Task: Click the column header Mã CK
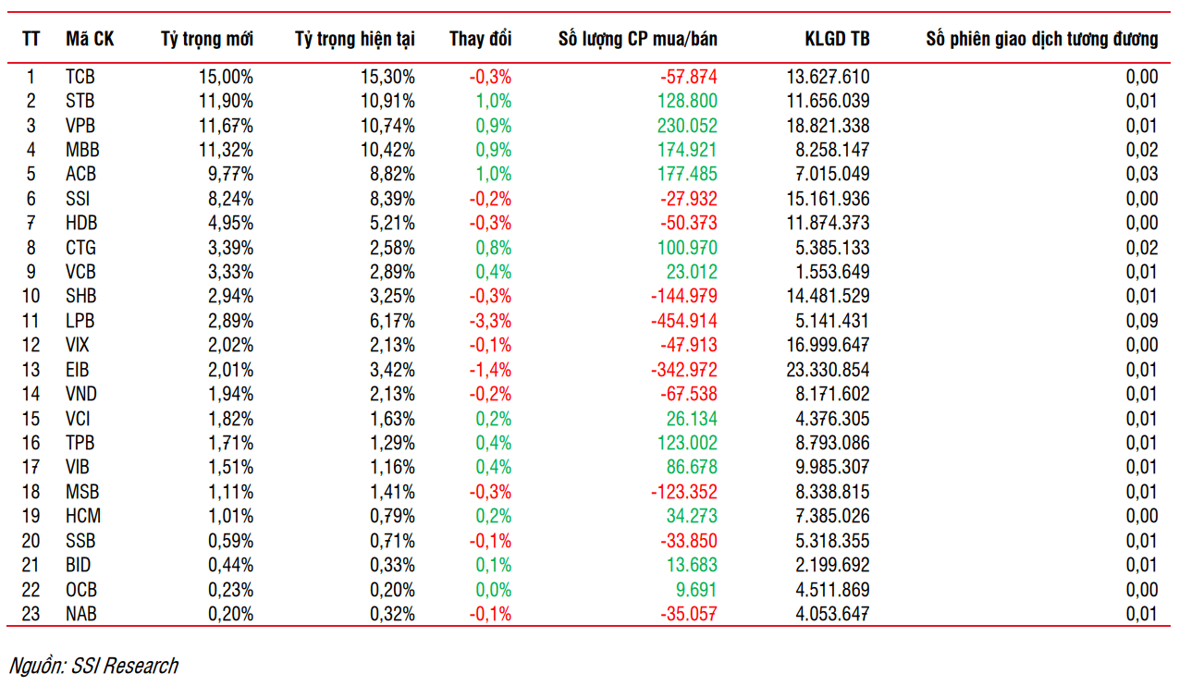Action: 90,39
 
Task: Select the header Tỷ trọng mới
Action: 207,40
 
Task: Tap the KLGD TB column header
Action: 837,39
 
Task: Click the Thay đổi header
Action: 481,39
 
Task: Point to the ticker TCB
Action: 80,77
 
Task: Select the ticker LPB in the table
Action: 80,321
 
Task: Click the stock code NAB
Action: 81,613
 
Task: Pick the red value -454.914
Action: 683,321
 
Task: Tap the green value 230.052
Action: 687,126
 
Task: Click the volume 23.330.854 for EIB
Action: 828,370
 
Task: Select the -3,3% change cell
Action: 490,321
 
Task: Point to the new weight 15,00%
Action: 226,77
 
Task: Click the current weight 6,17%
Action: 392,321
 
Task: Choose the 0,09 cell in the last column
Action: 1142,321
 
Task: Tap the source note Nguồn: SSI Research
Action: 93,666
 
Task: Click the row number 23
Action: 31,613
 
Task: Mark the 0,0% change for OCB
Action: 493,589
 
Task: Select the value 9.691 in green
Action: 696,589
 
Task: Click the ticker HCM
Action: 83,516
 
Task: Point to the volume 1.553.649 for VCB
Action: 832,272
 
